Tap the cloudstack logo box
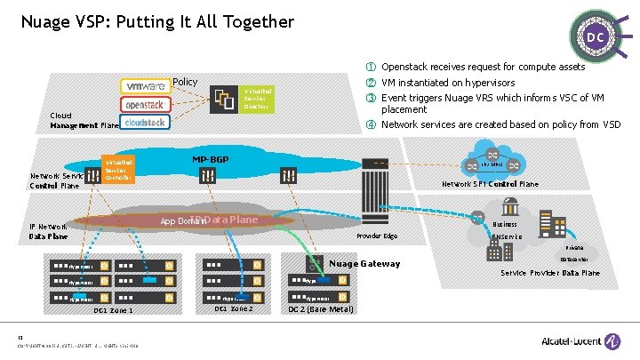click(x=145, y=122)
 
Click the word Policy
click(x=185, y=82)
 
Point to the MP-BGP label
click(x=211, y=160)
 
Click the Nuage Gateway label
click(x=365, y=263)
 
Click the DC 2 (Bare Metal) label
click(x=319, y=309)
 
